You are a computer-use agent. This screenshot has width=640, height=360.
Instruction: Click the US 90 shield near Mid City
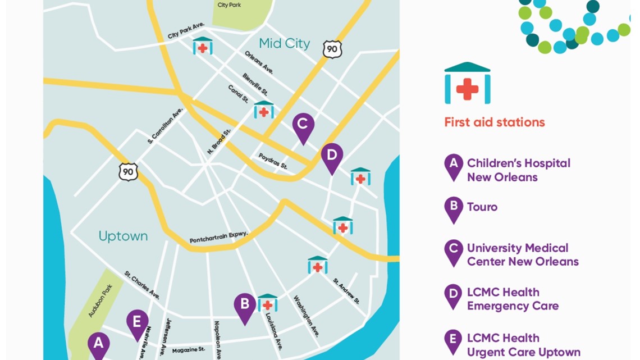point(332,49)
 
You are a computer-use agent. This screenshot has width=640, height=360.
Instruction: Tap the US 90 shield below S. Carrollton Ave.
point(128,171)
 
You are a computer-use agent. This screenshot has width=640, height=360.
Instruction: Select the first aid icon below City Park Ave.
point(203,47)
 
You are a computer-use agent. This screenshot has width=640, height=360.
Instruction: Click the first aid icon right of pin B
point(267,303)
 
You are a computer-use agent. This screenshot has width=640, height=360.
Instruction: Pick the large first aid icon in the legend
point(467,84)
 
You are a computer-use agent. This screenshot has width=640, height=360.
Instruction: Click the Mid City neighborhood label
point(285,43)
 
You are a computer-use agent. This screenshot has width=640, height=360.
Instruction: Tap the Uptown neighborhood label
point(123,236)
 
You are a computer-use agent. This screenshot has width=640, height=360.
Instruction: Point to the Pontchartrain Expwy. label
point(219,237)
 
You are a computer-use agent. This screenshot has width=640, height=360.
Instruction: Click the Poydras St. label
point(273,162)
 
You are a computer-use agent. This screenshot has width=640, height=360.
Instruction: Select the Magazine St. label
point(188,350)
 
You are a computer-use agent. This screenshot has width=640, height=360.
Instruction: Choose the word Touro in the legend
point(482,207)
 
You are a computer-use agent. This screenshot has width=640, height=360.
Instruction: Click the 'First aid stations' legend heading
point(494,122)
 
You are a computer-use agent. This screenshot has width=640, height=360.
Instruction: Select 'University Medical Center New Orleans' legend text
point(523,254)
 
